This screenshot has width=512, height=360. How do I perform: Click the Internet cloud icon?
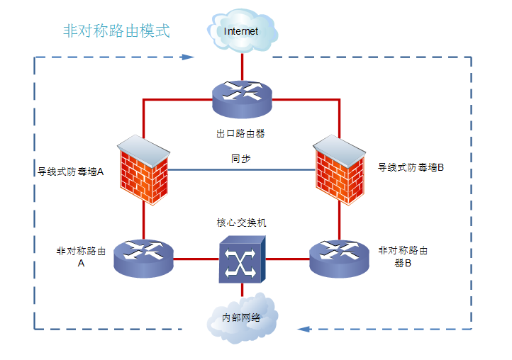point(242,31)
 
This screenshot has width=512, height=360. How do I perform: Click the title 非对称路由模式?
point(116,31)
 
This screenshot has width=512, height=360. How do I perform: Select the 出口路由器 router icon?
point(242,98)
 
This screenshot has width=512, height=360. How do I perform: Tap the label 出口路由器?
point(241,133)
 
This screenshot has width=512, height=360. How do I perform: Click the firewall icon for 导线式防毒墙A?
point(144,169)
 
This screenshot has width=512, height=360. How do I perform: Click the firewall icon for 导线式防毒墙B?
point(339,169)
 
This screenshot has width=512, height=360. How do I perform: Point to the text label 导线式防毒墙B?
point(411,168)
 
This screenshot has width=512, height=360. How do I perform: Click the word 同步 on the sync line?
point(240,159)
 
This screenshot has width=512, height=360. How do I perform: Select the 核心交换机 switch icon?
point(242,259)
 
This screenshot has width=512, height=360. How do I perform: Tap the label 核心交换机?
point(241,223)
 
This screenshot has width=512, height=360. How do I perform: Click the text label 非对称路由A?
point(81,257)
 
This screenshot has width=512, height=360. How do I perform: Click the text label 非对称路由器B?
point(403,257)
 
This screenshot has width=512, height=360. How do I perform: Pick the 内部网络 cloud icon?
point(241,317)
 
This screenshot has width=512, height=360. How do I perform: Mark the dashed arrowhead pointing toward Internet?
point(188,57)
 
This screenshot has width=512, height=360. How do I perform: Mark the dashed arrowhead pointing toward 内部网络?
point(303,329)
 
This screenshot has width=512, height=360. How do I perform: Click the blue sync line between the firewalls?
point(213,170)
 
